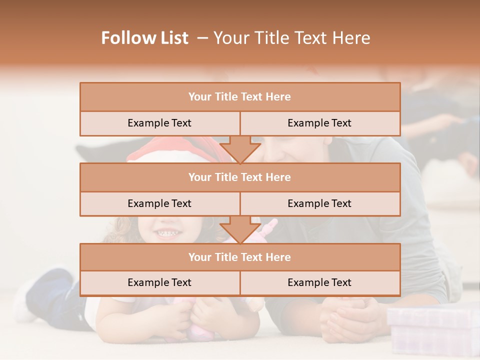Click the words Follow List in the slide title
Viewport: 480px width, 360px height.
click(x=144, y=38)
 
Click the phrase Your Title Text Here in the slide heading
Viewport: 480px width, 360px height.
click(x=291, y=38)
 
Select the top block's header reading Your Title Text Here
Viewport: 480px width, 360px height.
click(x=239, y=97)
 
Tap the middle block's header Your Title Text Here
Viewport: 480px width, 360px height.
click(x=239, y=177)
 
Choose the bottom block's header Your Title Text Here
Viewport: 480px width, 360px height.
click(x=239, y=257)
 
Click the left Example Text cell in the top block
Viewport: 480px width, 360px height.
click(x=159, y=123)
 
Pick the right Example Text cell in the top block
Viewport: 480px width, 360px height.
click(x=319, y=123)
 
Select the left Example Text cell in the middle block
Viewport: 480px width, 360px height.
click(x=159, y=203)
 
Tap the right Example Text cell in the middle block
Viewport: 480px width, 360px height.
click(x=319, y=203)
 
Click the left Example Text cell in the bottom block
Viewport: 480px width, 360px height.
click(x=159, y=282)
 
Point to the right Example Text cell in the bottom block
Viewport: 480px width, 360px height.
click(x=319, y=282)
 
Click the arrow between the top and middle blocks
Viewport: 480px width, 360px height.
click(x=240, y=149)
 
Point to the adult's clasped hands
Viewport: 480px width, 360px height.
click(x=345, y=315)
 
